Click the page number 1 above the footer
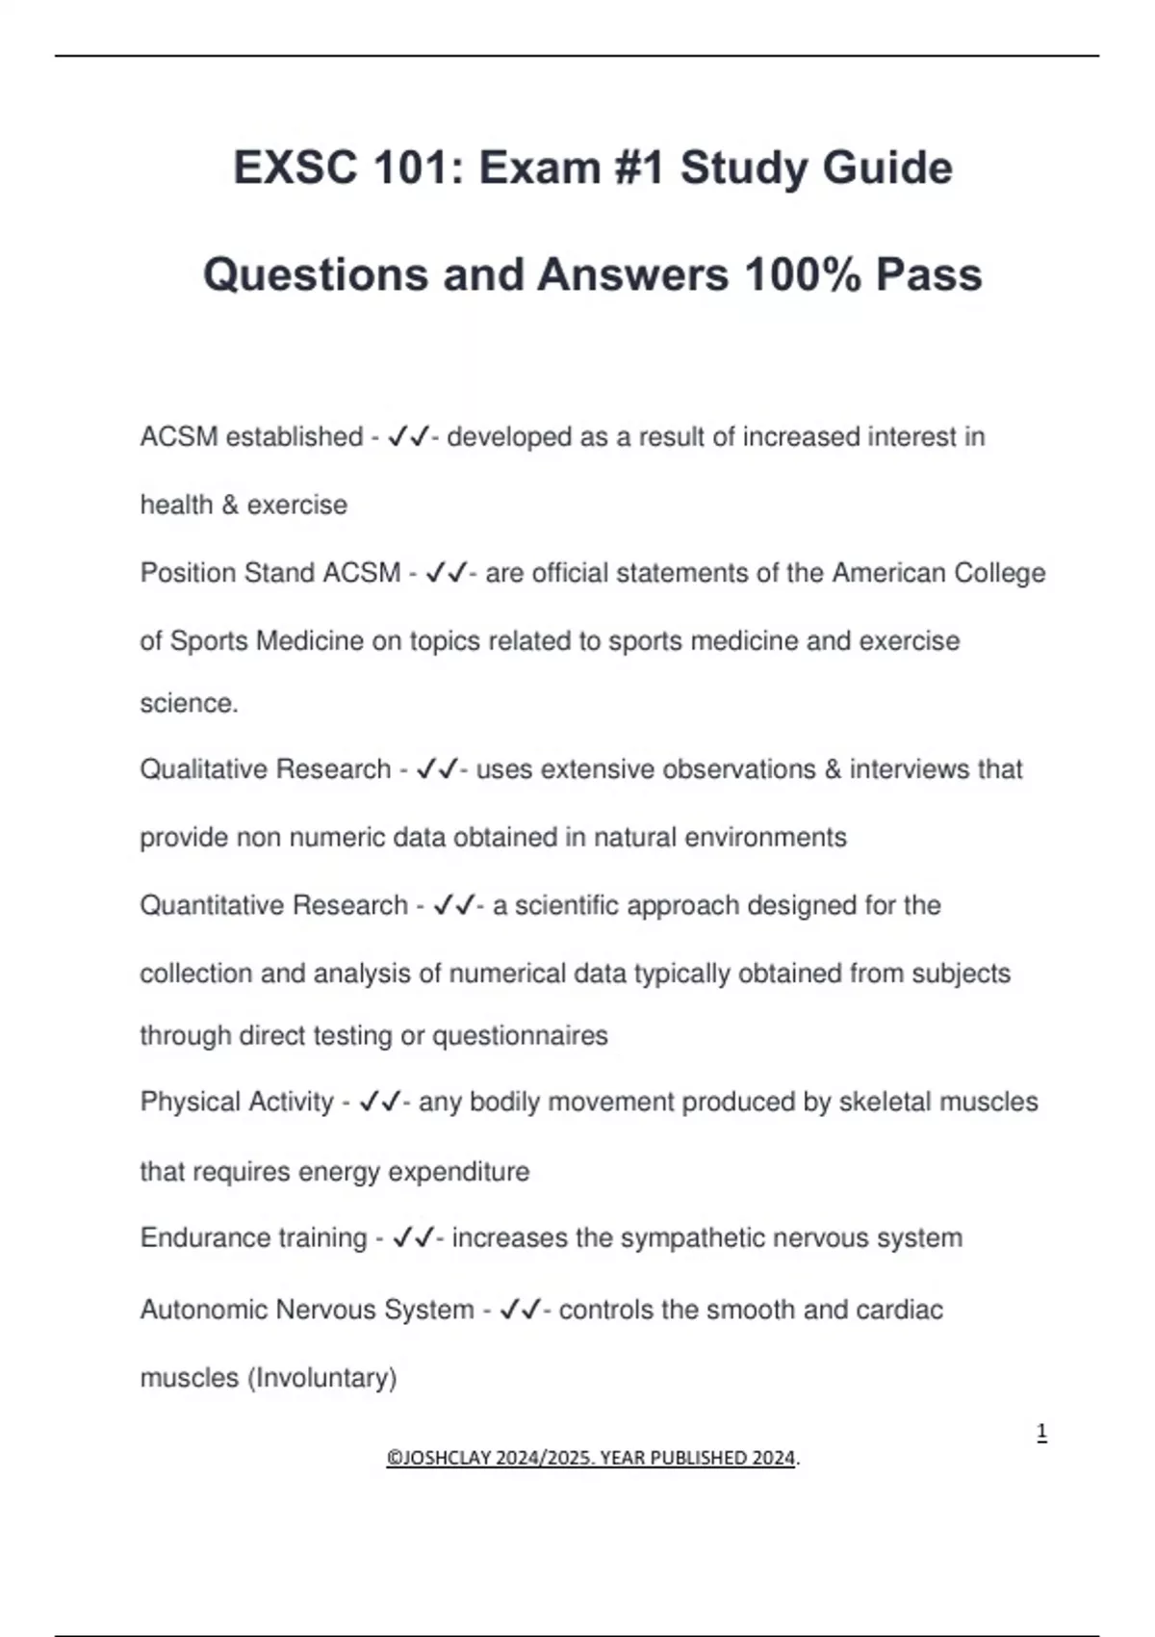[x=1041, y=1432]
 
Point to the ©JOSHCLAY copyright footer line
[x=593, y=1458]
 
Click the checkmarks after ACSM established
[x=408, y=437]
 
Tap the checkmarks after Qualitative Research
[x=437, y=769]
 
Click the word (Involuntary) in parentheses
[x=321, y=1378]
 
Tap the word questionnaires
[x=520, y=1035]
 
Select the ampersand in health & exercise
[x=229, y=505]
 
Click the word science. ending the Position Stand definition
[x=189, y=703]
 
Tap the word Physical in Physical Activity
[x=189, y=1102]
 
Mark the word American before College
[x=887, y=573]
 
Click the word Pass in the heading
[x=929, y=274]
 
